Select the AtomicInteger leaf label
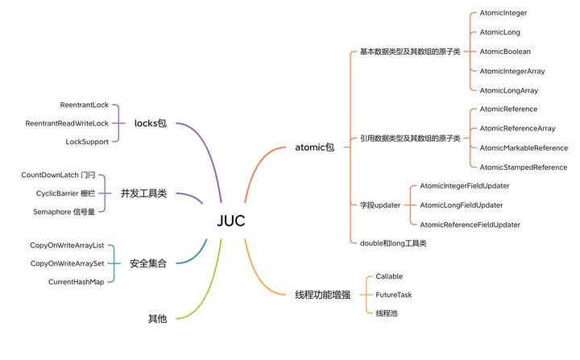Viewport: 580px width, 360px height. pos(503,13)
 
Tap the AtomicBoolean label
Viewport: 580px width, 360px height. pos(505,52)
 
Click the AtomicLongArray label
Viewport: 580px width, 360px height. pos(508,90)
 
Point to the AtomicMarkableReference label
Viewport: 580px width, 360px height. pos(524,147)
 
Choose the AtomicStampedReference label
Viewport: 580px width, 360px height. pos(523,167)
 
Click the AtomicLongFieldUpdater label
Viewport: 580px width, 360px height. pos(461,205)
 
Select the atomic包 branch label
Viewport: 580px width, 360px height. pos(315,147)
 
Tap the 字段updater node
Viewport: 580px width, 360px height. pos(380,205)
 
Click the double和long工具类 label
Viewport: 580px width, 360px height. pos(393,242)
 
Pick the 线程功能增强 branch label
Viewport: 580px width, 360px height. pos(323,295)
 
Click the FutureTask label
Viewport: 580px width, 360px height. pos(393,295)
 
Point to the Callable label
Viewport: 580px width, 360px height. pos(389,276)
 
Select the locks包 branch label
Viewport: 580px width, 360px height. pos(151,123)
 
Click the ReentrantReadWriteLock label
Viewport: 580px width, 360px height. pos(67,123)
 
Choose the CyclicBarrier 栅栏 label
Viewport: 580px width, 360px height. pos(65,193)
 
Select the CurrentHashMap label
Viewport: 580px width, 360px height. pos(77,282)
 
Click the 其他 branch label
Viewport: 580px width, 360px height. pos(157,319)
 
